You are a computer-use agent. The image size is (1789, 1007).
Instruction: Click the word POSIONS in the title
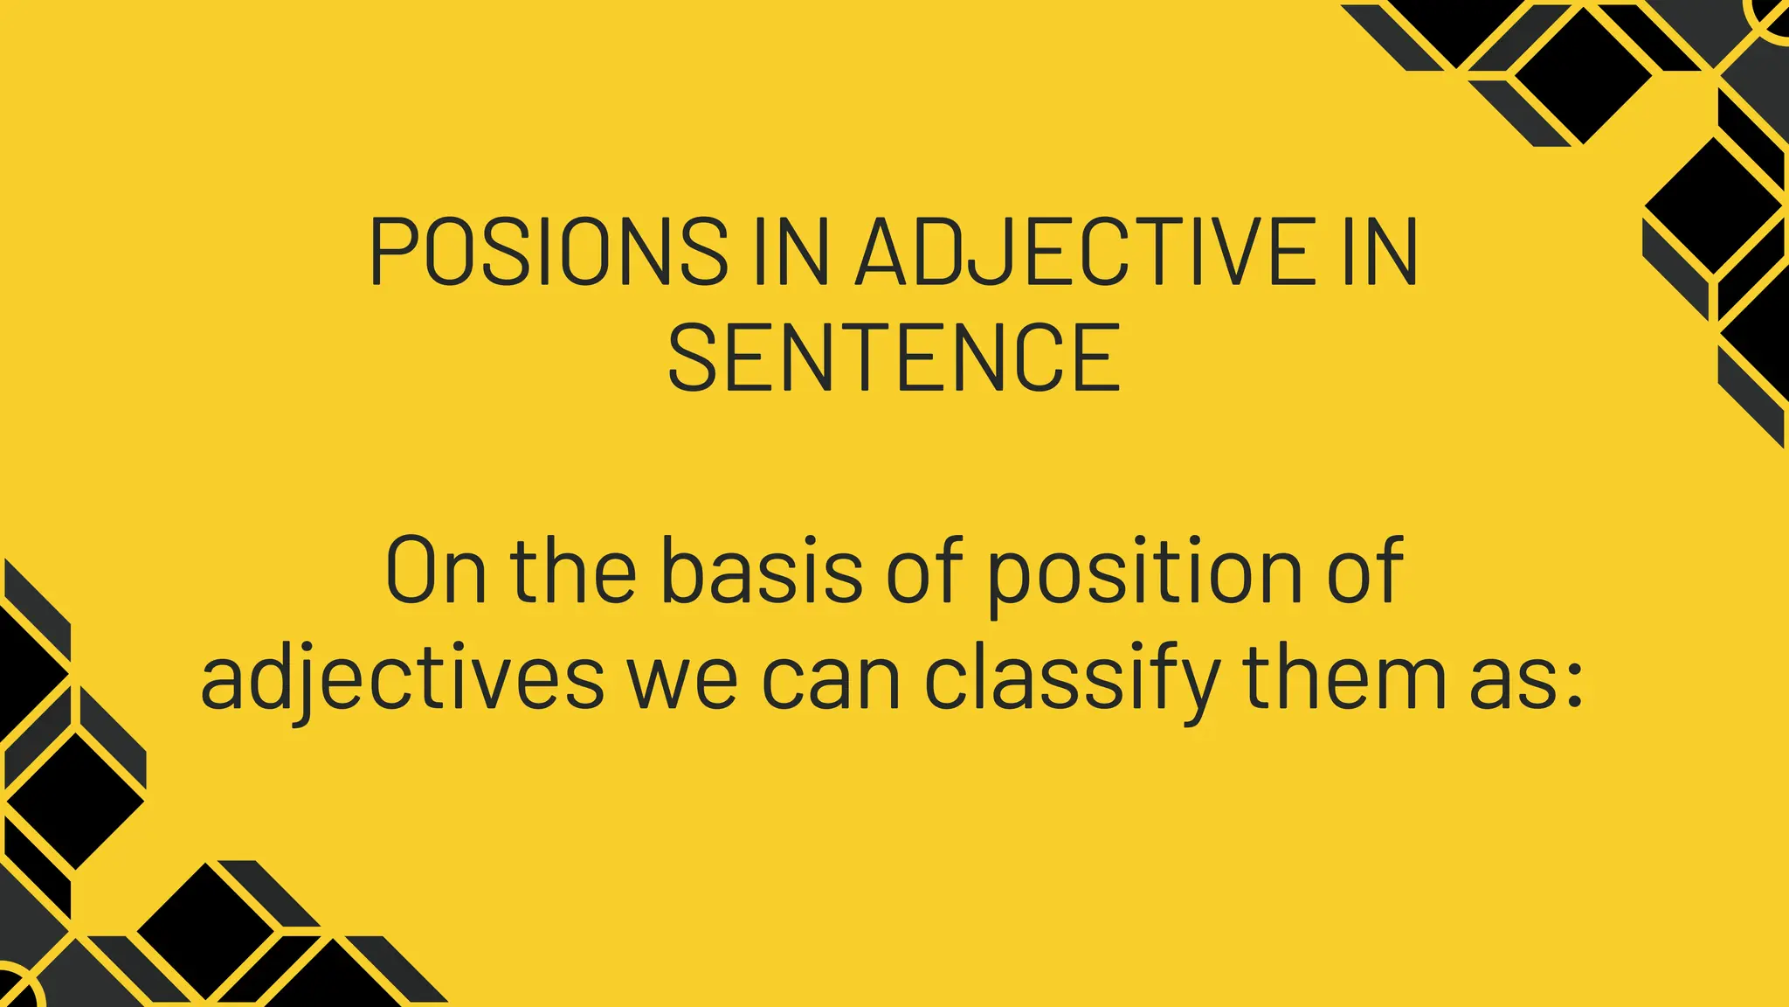pyautogui.click(x=549, y=252)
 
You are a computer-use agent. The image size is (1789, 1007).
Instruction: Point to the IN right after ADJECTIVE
pyautogui.click(x=1380, y=252)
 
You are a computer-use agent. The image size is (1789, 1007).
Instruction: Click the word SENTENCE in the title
pyautogui.click(x=894, y=358)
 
